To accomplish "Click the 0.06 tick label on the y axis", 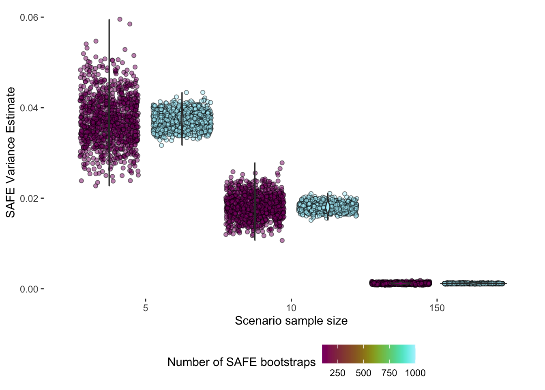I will point(29,17).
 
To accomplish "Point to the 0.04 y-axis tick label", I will point(29,108).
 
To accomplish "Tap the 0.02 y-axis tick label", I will point(29,199).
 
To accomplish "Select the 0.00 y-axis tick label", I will point(29,289).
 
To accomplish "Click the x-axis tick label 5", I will point(146,308).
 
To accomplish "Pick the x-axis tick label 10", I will point(291,308).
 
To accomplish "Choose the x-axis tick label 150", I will point(437,308).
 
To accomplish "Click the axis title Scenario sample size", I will point(291,321).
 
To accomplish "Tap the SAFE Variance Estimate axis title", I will point(11,152).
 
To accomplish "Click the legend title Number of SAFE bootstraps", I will point(241,362).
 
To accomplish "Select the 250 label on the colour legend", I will point(337,373).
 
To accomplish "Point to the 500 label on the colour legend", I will point(363,373).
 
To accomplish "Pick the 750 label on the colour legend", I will point(389,373).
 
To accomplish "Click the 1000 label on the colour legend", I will point(415,373).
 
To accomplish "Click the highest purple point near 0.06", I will point(120,19).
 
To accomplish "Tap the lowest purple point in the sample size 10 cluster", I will point(282,240).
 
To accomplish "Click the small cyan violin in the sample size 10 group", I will point(328,207).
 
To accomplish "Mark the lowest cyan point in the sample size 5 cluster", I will point(161,145).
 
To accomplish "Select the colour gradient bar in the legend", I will point(368,353).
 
